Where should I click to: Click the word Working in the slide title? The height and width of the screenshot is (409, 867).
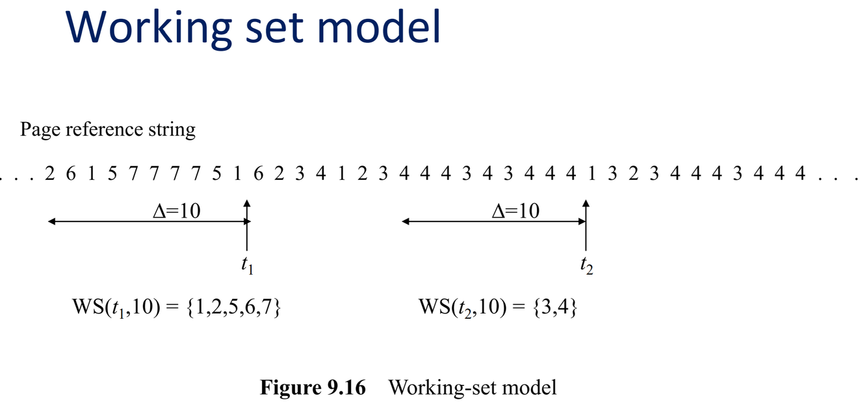click(149, 27)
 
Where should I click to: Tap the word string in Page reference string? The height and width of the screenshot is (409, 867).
click(171, 129)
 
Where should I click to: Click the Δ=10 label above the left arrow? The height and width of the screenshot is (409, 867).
click(174, 211)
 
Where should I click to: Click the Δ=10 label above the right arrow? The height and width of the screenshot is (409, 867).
click(515, 211)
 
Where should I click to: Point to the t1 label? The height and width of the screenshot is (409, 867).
click(246, 265)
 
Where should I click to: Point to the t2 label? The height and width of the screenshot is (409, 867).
click(586, 265)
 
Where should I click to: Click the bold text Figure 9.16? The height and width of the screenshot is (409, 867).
click(313, 388)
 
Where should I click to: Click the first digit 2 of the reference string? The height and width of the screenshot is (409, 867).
click(50, 173)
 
